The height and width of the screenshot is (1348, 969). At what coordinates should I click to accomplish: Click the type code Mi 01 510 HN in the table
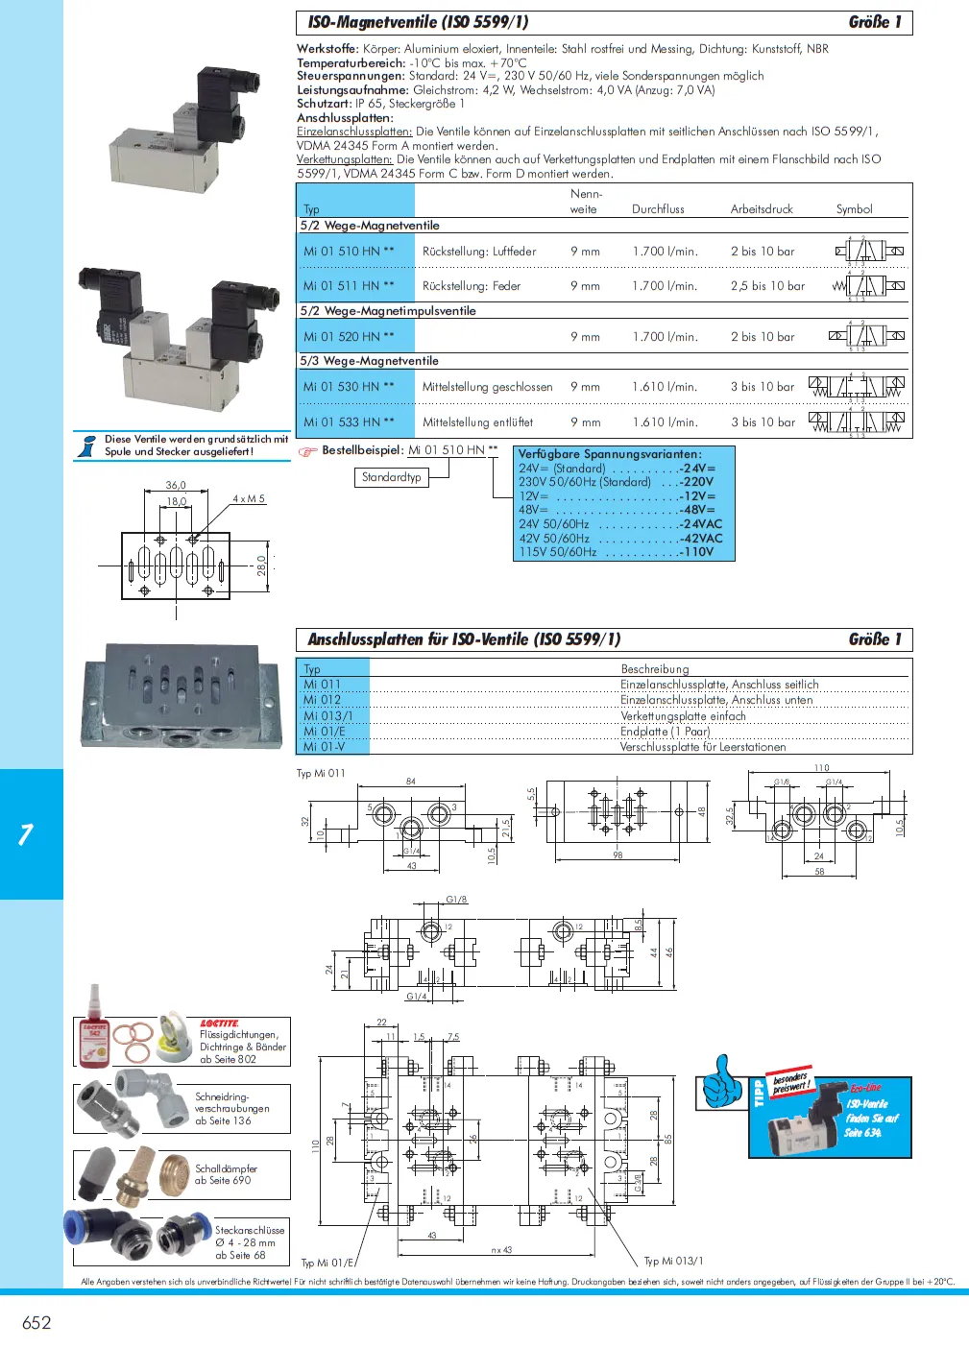349,252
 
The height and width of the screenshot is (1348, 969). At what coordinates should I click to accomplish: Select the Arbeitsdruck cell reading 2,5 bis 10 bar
767,286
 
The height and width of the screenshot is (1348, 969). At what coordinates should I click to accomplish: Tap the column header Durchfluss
658,209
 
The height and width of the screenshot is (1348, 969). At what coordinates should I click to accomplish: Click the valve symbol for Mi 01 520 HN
866,336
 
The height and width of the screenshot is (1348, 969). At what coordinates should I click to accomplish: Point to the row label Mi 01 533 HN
349,422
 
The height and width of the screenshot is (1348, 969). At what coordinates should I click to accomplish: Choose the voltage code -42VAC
700,539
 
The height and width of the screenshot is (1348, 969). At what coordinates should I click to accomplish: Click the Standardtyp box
392,477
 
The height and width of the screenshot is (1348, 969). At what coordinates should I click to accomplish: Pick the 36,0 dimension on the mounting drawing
176,486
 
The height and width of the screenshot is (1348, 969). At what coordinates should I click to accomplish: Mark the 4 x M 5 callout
249,499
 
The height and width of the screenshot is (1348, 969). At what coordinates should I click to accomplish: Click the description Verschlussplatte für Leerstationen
703,747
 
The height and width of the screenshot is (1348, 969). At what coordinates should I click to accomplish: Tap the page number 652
36,1323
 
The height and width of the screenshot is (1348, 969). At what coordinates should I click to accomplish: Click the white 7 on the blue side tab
26,834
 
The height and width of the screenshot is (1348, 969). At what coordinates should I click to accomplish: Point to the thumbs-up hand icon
722,1082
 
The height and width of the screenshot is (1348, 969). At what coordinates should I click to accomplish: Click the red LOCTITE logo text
220,1023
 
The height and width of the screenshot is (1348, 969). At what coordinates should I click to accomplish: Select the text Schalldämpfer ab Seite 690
226,1175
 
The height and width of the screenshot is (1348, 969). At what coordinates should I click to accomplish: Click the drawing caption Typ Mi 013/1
673,1262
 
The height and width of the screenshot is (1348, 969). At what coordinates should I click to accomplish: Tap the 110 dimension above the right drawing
821,768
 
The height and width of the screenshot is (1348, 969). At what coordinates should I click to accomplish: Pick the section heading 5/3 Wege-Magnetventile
370,361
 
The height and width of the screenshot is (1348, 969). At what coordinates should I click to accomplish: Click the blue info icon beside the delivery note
88,445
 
